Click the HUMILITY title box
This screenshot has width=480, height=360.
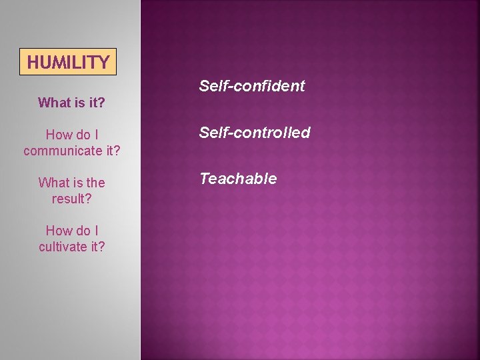coord(69,62)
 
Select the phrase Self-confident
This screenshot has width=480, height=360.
coord(251,86)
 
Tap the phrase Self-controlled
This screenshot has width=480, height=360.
coord(255,133)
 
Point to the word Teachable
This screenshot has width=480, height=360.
coord(238,179)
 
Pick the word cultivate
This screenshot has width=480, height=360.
coord(63,247)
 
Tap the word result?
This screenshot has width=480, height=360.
coord(71,199)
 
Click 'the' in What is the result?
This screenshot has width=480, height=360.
coord(95,183)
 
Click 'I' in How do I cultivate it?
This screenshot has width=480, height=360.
coord(96,231)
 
